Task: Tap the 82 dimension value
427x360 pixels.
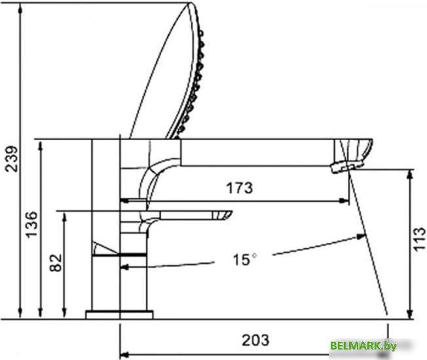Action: click(56, 262)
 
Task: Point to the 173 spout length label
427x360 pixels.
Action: click(240, 188)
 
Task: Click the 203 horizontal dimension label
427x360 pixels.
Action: click(255, 340)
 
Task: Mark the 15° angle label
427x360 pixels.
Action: click(244, 259)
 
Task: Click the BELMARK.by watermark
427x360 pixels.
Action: click(373, 346)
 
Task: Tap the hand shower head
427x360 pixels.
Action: click(172, 72)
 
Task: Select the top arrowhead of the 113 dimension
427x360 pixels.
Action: click(411, 173)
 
